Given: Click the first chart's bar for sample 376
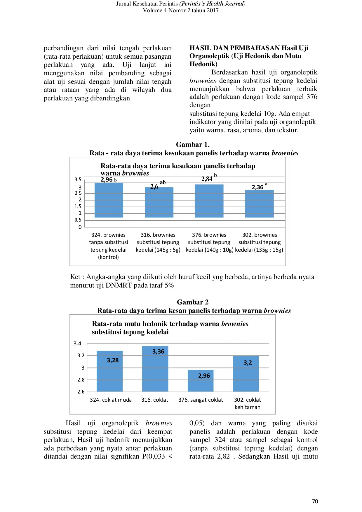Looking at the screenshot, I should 209,201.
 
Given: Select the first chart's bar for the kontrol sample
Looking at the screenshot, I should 109,201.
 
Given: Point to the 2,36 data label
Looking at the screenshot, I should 257,187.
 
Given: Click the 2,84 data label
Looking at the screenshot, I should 207,179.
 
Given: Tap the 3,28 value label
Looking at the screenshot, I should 113,360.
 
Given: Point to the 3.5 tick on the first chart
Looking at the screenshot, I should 78,180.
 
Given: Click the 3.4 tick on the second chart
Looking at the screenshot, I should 77,344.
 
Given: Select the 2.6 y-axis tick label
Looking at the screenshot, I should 81,392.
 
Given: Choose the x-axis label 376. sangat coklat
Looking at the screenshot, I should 201,400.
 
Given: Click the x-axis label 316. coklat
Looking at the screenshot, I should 155,400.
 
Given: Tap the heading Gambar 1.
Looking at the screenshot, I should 193,144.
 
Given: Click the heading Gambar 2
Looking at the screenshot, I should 193,302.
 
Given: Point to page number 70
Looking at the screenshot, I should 315,501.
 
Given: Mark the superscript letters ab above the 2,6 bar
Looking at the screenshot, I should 163,182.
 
